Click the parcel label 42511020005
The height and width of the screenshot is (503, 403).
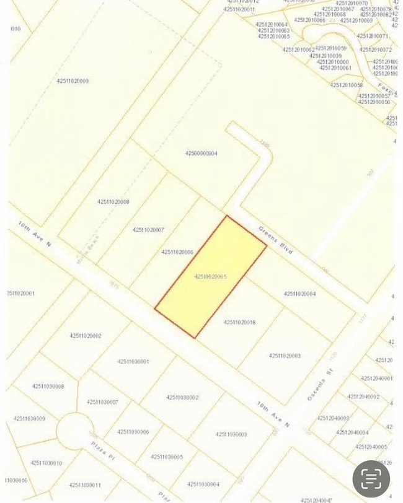coord(210,276)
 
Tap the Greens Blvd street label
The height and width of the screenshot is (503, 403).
coord(275,240)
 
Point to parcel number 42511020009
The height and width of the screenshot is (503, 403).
coord(73,81)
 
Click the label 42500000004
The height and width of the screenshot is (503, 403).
coord(201,153)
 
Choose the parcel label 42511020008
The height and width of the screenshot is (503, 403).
coord(113,201)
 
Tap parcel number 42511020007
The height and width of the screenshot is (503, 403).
coord(148,230)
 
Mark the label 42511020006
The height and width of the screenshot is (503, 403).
coord(177,252)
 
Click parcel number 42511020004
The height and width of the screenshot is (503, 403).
coord(299,294)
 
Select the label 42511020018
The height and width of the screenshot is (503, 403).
coord(239,322)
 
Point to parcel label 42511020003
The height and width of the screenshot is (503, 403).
coord(285,356)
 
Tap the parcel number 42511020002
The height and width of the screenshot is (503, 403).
coord(86,336)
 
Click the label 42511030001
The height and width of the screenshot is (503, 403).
coord(133,361)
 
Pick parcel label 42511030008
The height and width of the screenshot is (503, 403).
coord(48,387)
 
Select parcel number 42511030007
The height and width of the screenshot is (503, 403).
coord(102,402)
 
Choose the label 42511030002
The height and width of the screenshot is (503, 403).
coord(182,397)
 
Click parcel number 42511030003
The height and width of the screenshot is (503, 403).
coord(231,434)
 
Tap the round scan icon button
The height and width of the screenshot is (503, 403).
coord(371,478)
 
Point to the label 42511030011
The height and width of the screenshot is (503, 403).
coord(85,485)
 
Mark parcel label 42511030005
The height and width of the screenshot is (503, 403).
coord(167,457)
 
